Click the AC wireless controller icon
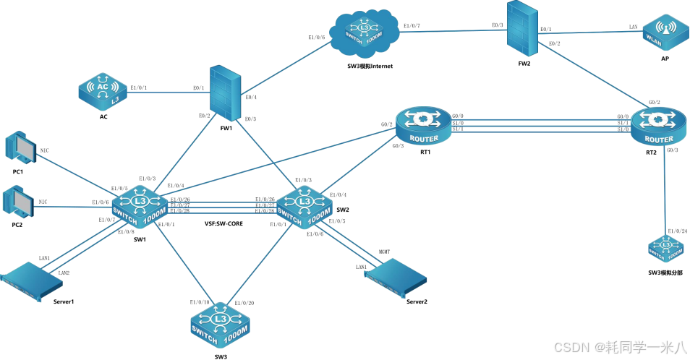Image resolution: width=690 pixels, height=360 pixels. tap(103, 90)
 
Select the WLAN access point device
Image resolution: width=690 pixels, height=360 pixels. tap(664, 33)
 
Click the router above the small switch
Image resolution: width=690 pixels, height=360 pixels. tap(658, 126)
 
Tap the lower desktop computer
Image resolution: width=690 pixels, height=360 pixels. tap(20, 202)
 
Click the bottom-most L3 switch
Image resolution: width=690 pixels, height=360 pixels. tap(221, 322)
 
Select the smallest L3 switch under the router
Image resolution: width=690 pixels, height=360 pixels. tap(665, 248)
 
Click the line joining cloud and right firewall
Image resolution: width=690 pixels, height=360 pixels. tap(453, 30)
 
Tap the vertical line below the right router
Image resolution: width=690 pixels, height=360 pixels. tap(665, 188)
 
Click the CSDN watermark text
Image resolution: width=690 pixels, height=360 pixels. tap(618, 346)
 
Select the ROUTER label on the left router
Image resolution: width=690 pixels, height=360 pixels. tap(424, 138)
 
